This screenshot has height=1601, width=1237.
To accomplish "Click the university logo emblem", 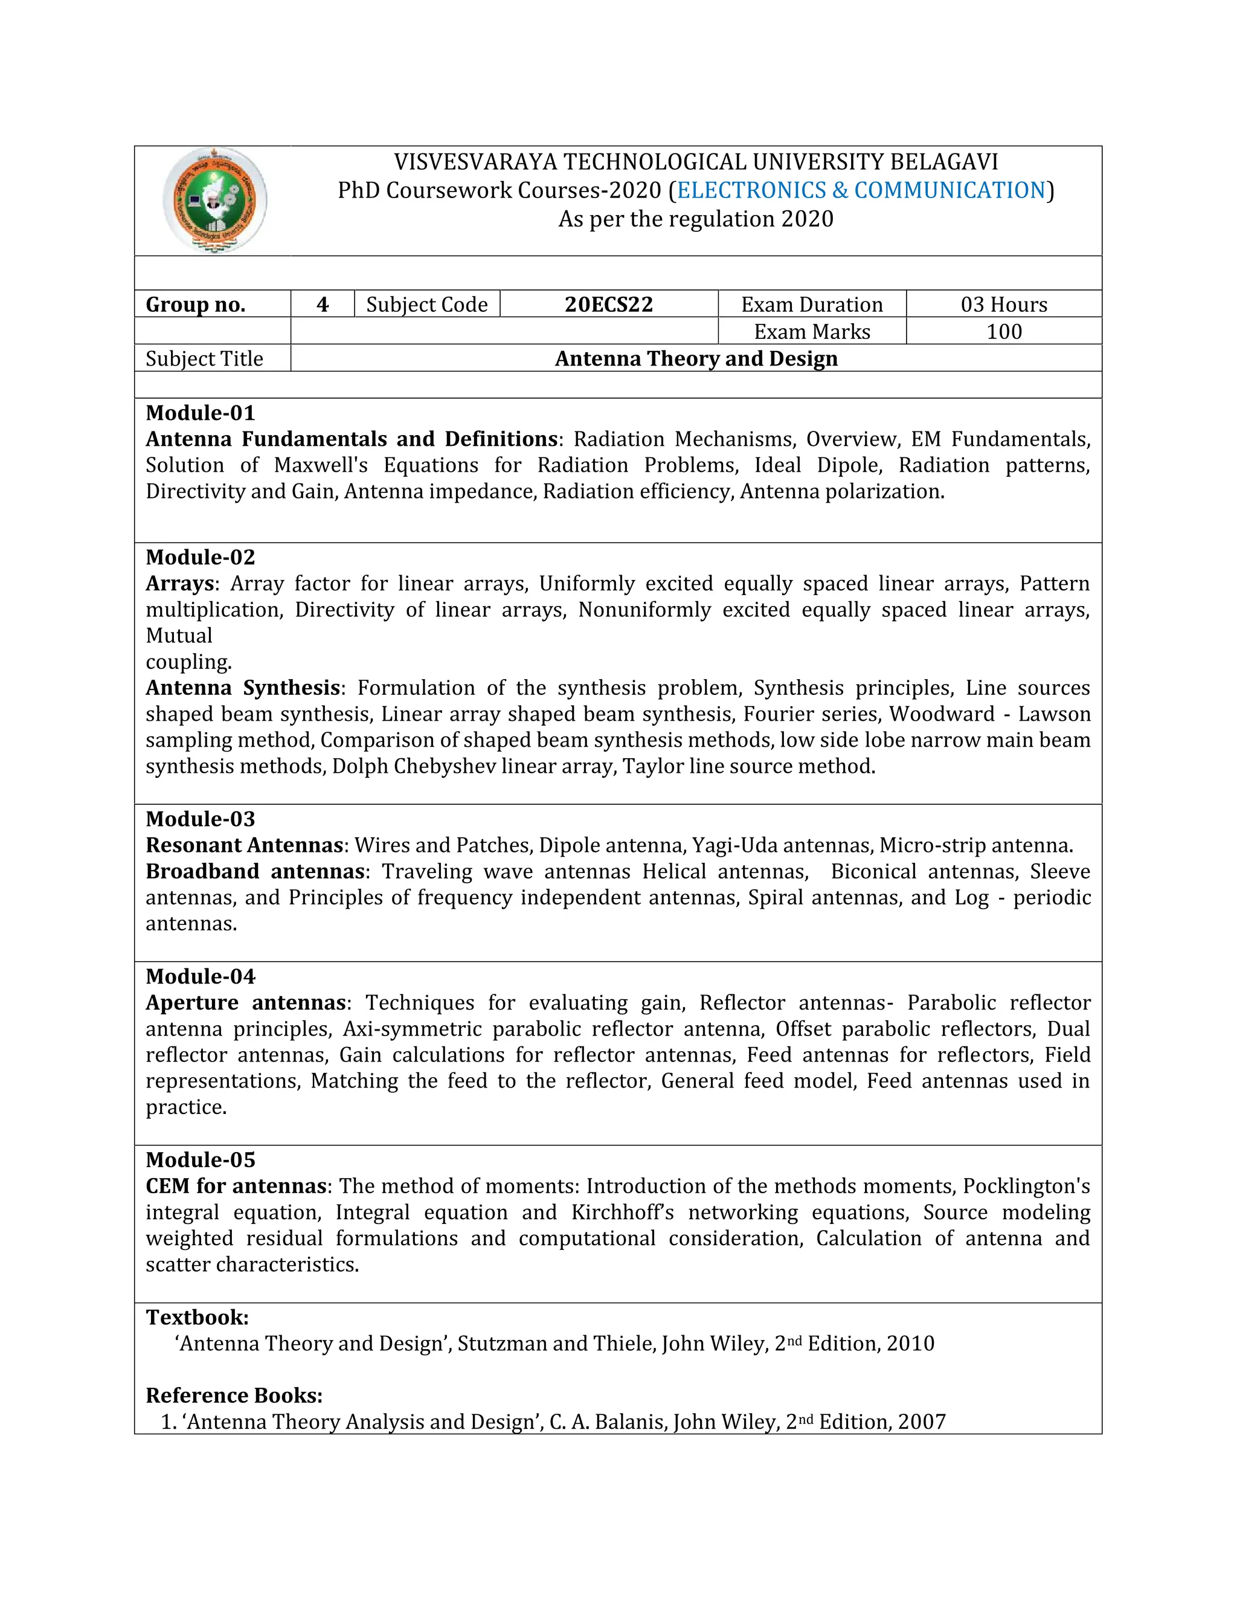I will click(214, 200).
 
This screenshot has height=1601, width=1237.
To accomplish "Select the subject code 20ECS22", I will click(608, 304).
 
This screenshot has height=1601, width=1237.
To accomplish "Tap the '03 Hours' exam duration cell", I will click(1003, 304).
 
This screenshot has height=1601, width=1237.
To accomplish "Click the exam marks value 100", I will click(1003, 331).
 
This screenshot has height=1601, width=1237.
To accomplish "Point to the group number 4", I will click(323, 304).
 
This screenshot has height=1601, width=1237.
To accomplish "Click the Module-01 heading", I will click(200, 413).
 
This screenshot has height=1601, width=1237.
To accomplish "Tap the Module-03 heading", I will click(200, 819).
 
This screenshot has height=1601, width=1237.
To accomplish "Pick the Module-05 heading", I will click(200, 1160).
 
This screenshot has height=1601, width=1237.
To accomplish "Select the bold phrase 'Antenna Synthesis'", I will click(243, 688).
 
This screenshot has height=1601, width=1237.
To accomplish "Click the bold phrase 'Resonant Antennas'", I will click(244, 845).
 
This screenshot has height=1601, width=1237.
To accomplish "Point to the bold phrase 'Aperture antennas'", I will click(245, 1003).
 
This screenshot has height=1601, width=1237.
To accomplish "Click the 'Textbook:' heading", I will click(197, 1317).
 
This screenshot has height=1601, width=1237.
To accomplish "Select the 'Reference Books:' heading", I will click(234, 1395).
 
